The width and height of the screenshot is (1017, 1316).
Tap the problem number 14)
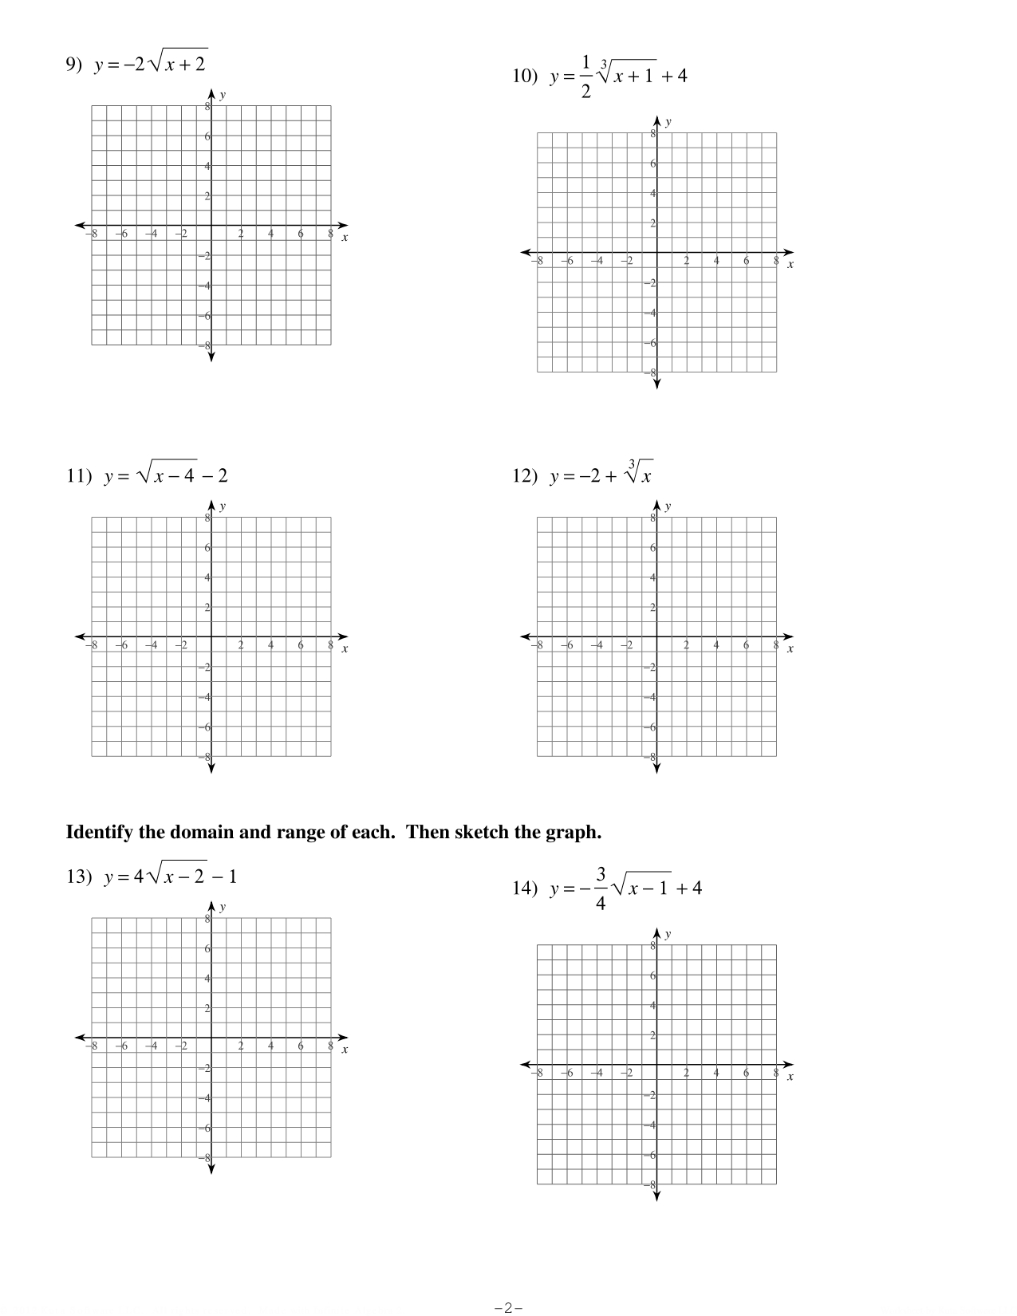click(526, 888)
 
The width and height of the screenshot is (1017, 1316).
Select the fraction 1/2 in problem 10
click(586, 77)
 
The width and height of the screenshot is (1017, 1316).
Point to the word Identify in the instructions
click(99, 833)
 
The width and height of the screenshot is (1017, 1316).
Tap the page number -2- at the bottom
click(508, 1307)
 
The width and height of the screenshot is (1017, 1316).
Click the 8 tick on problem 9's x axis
click(330, 233)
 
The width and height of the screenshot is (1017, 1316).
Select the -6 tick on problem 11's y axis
click(205, 727)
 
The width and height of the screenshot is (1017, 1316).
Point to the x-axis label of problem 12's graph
click(790, 649)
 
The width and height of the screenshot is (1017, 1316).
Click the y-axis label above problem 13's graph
click(223, 907)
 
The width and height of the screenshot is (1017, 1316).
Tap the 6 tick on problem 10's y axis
click(652, 164)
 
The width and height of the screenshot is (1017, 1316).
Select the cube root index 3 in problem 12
click(631, 464)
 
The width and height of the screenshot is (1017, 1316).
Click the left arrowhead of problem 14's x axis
click(525, 1064)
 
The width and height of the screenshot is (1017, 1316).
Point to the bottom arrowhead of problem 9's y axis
click(211, 357)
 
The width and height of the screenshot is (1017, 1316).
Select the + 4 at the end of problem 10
click(674, 77)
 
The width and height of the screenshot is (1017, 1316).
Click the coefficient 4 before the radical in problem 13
click(138, 877)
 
